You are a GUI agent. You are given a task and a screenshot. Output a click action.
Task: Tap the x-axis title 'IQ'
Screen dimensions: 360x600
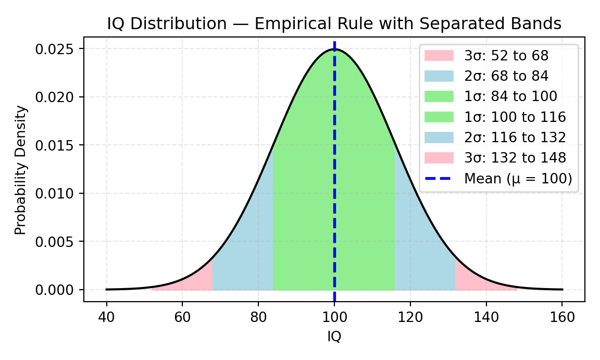[334, 337]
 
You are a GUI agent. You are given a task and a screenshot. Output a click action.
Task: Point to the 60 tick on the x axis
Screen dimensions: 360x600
[182, 318]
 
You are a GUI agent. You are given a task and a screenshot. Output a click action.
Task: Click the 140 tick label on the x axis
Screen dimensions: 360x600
[486, 318]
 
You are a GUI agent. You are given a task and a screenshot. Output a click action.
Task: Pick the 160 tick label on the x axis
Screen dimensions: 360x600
[562, 318]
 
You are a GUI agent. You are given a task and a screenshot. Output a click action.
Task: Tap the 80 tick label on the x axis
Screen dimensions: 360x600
[258, 318]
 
